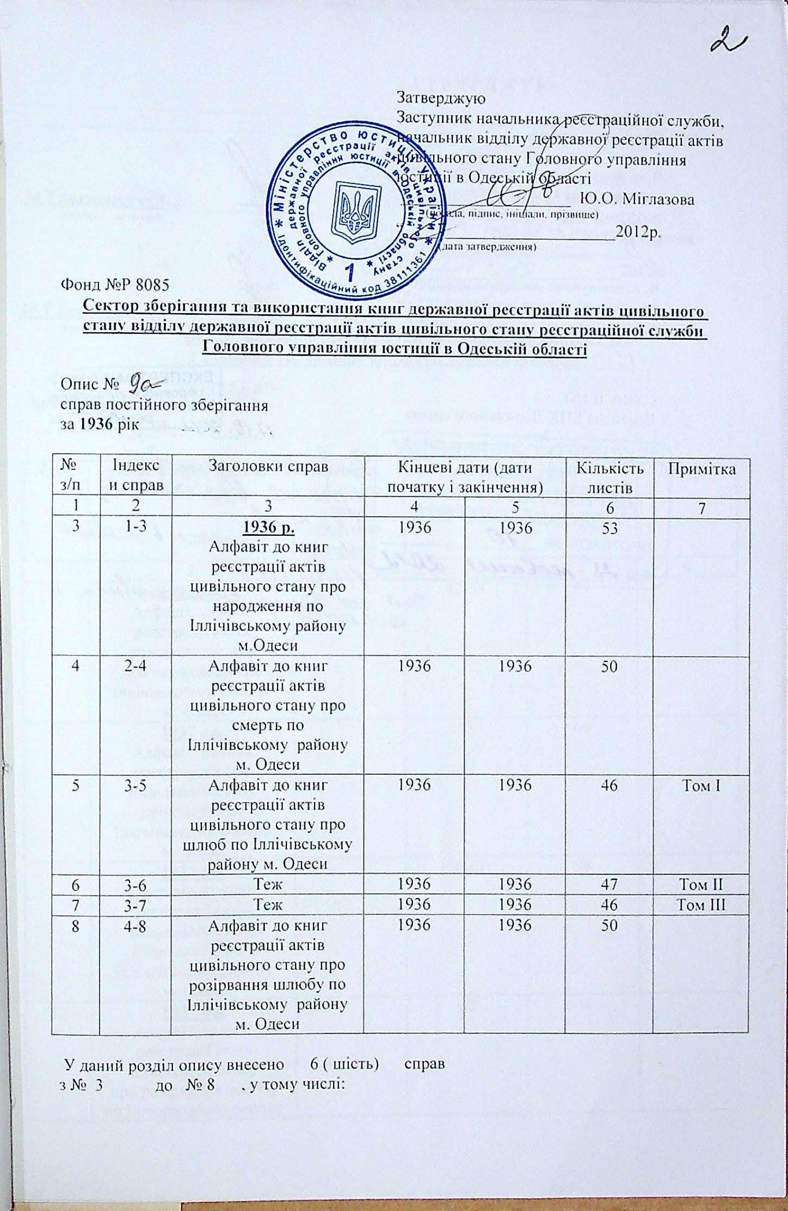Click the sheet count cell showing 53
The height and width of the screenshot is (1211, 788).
(610, 528)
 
